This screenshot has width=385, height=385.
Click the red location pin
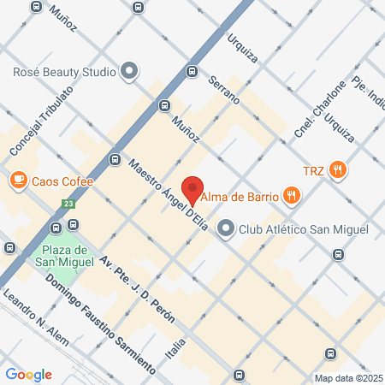coord(193,190)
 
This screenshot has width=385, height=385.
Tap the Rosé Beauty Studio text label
coord(64,72)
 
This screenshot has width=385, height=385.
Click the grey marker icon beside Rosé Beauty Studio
coord(129,72)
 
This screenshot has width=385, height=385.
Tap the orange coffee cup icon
coord(17,181)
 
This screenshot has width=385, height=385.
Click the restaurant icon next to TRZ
coord(339,170)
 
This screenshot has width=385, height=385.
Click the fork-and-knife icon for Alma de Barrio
coord(293,196)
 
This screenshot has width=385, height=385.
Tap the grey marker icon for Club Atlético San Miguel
coord(226,228)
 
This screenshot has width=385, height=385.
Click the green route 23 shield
coord(68,204)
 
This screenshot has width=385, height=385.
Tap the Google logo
coord(28,374)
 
